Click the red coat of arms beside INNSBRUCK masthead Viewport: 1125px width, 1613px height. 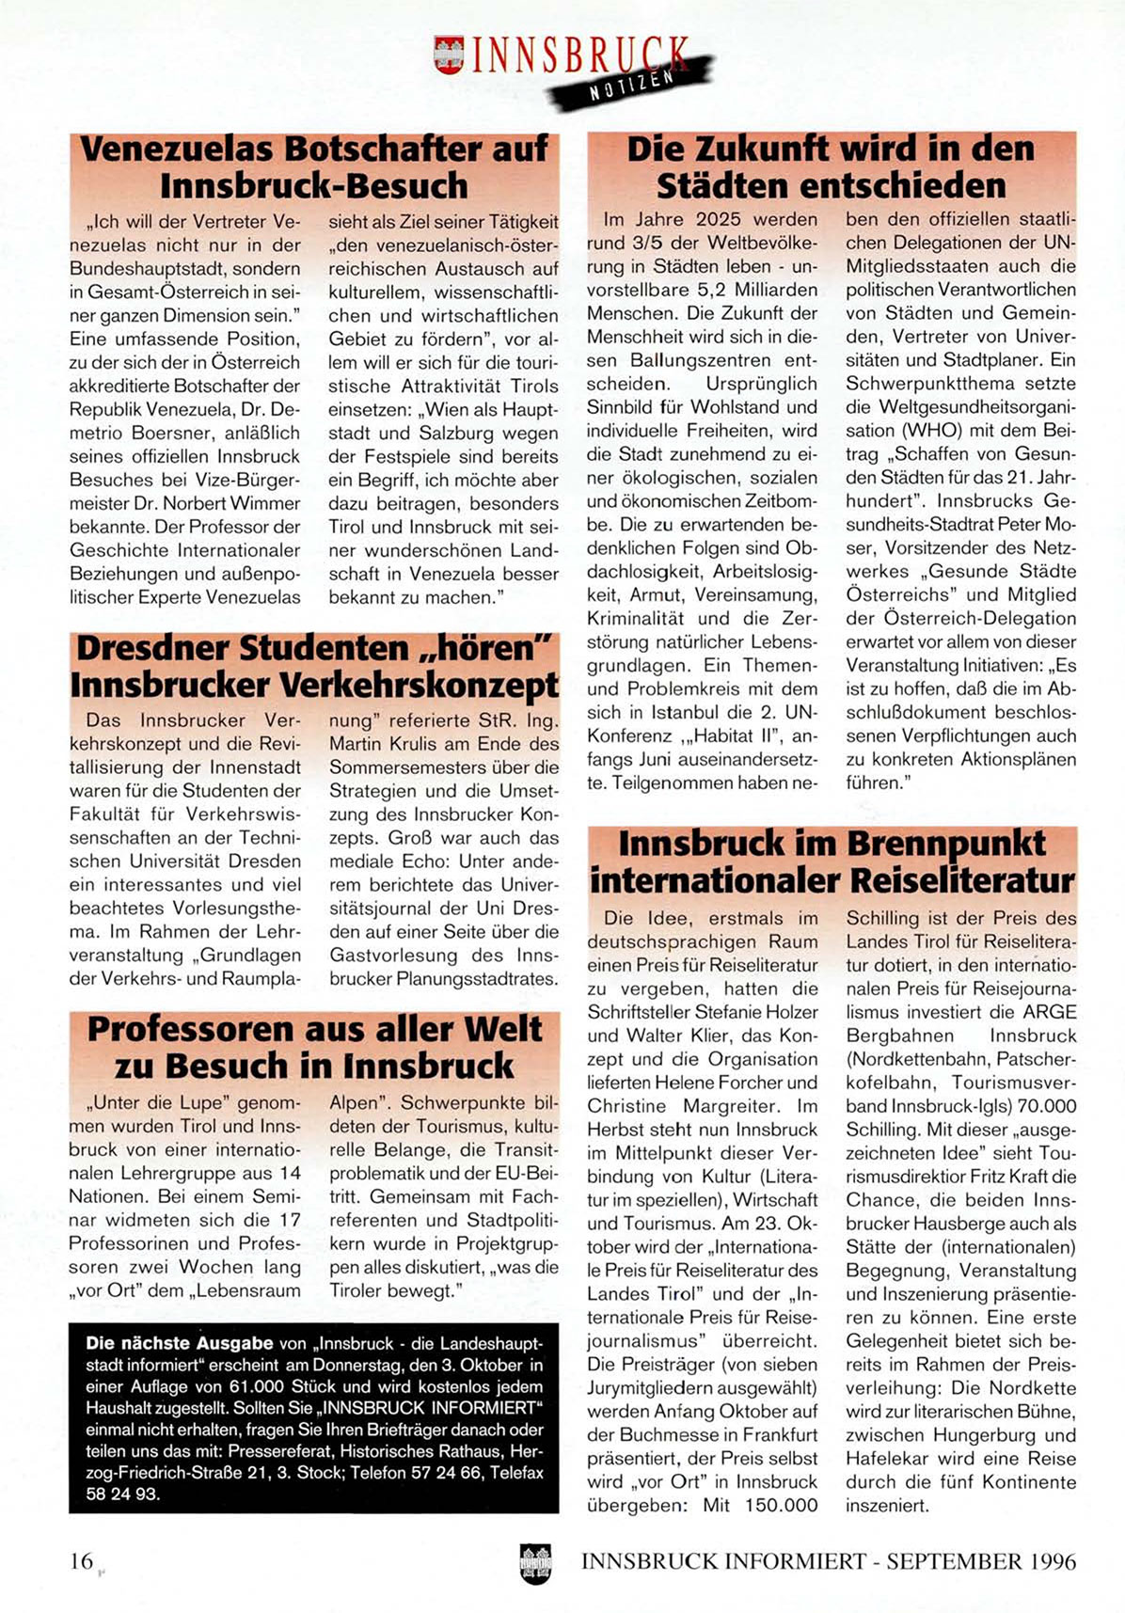tap(449, 55)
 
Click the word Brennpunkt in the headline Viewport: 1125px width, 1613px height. tap(946, 844)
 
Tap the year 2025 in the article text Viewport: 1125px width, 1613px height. tap(717, 219)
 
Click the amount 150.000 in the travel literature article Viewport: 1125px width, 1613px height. tap(777, 1506)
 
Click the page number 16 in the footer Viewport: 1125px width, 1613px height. tap(81, 1561)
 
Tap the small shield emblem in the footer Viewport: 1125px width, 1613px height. tap(535, 1563)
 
